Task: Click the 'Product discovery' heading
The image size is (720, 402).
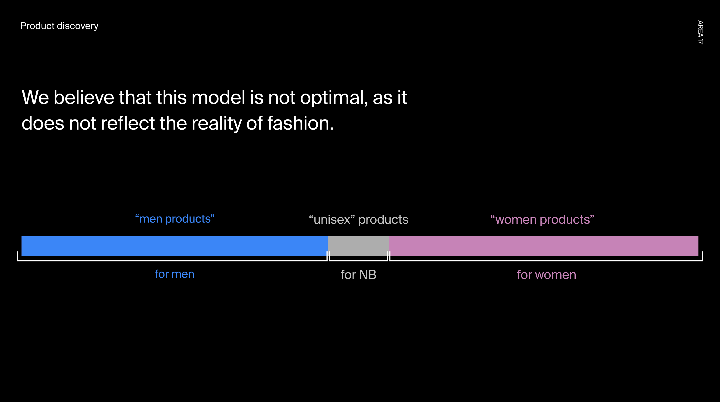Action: coord(59,26)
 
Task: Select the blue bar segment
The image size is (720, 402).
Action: coord(174,246)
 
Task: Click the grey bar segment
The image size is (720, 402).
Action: coord(358,246)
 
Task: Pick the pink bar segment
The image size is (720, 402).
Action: coord(544,246)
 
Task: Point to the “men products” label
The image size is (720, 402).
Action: coord(175,219)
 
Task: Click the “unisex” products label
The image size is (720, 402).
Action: coord(359,220)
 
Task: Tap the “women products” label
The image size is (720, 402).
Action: coord(542,220)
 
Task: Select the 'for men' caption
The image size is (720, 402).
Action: coord(175,274)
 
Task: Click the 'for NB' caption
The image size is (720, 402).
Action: coord(359,275)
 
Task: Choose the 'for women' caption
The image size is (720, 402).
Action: coord(546,275)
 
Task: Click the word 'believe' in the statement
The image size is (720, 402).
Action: coord(84,97)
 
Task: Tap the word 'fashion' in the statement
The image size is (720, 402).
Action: coord(298,123)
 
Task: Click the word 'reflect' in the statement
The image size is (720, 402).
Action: coord(128,123)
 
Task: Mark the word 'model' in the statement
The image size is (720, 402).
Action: coord(218,97)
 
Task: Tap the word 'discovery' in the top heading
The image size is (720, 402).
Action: coord(77,26)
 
